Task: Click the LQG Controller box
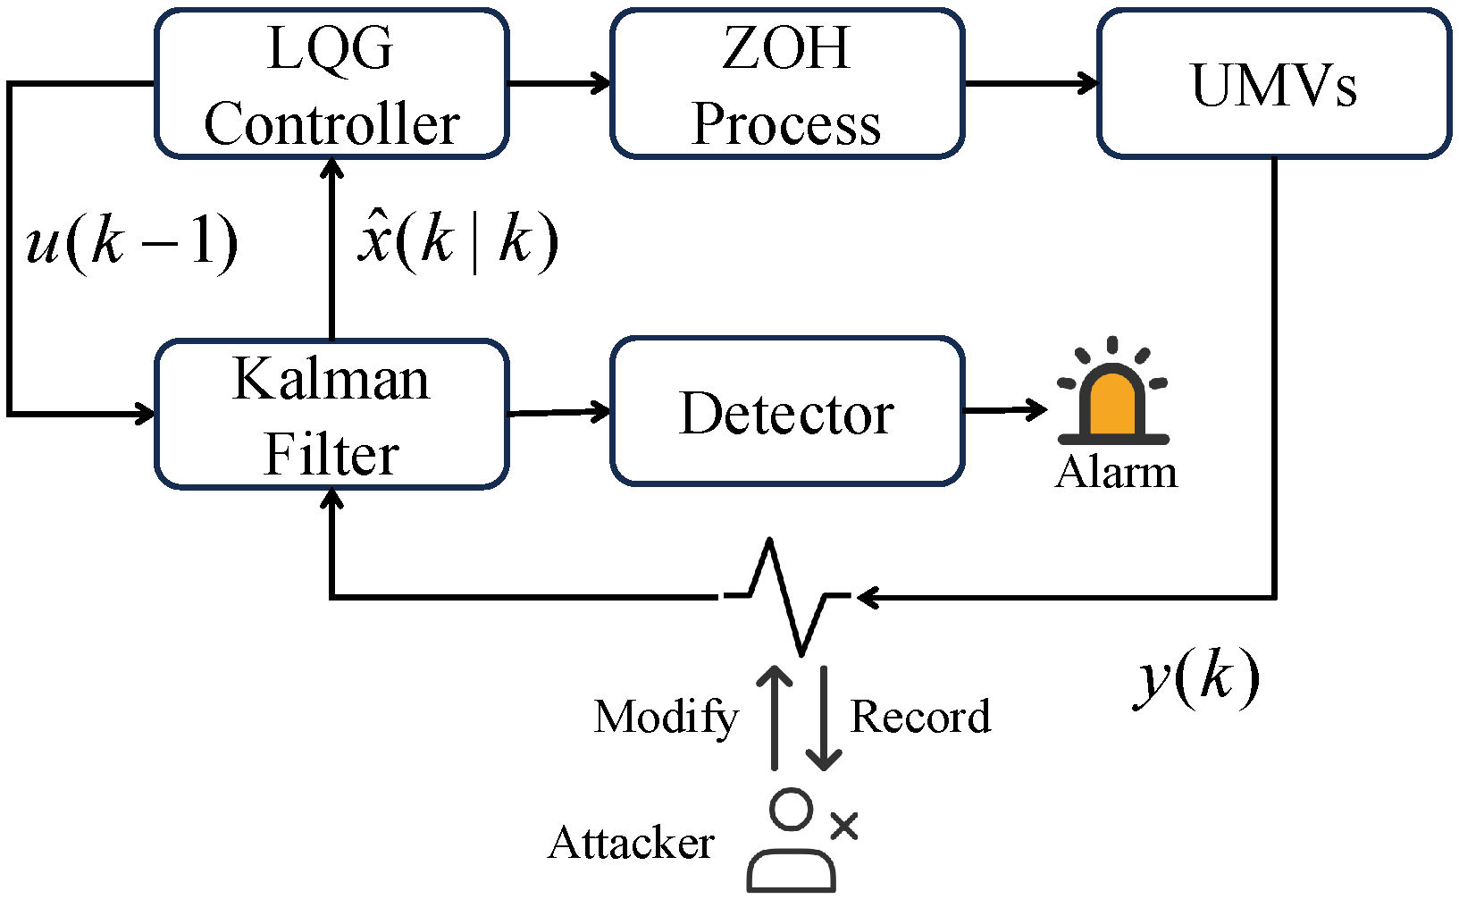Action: tap(331, 84)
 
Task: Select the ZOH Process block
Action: tap(787, 84)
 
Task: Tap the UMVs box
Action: tap(1274, 84)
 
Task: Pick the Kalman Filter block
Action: tap(331, 415)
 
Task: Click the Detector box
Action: tap(787, 413)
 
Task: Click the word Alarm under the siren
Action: tap(1116, 472)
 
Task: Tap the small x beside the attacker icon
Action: tap(843, 827)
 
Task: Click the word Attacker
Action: tap(631, 843)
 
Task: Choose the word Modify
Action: tap(666, 717)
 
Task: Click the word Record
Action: tap(920, 717)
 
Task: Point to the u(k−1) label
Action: tap(132, 241)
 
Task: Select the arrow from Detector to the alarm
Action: tap(1005, 410)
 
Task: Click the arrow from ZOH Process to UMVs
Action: tap(1031, 84)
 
